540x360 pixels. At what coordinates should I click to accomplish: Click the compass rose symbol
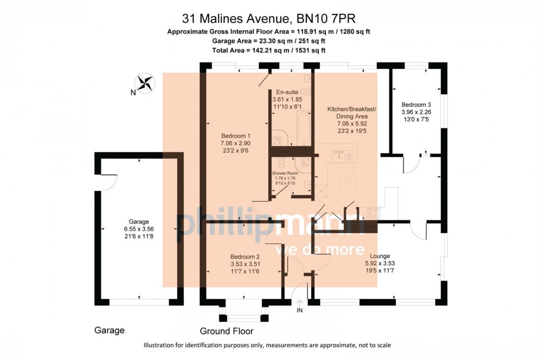pos(145,83)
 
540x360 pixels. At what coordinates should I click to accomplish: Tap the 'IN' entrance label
pos(300,310)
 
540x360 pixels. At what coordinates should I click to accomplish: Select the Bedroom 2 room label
pos(245,257)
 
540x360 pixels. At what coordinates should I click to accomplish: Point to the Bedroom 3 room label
pos(416,105)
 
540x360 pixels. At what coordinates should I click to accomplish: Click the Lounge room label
pos(380,256)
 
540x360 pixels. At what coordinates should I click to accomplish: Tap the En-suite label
pos(287,92)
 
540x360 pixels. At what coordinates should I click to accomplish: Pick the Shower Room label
pos(285,173)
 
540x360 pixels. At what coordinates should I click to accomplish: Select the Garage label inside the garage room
pos(139,221)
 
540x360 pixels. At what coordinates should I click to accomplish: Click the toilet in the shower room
pos(281,163)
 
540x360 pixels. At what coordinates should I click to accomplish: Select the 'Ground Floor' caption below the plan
pos(227,331)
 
